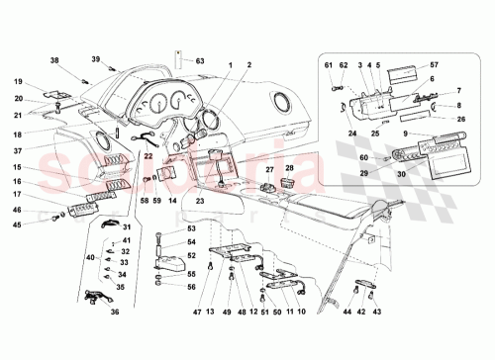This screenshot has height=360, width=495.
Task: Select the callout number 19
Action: point(19,81)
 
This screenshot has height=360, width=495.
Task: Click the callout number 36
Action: point(115,314)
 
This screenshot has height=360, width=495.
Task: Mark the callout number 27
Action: point(269,170)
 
